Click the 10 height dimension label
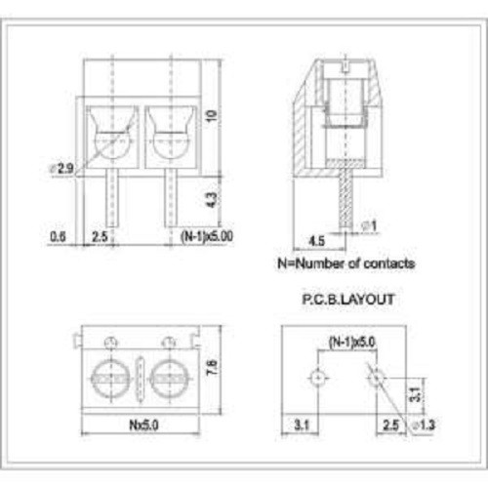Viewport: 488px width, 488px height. (x=212, y=116)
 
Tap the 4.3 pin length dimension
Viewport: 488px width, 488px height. (x=212, y=200)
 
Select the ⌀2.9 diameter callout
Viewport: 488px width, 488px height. (x=61, y=169)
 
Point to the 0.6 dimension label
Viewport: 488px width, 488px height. (x=58, y=236)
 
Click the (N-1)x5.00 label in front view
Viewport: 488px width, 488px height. (x=207, y=236)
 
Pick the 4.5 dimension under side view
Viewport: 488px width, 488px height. (x=316, y=241)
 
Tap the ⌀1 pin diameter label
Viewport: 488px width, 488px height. (x=369, y=225)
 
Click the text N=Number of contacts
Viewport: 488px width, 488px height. (x=346, y=264)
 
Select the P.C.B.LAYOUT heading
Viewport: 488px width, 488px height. (x=348, y=300)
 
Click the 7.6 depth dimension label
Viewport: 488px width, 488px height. (x=212, y=367)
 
